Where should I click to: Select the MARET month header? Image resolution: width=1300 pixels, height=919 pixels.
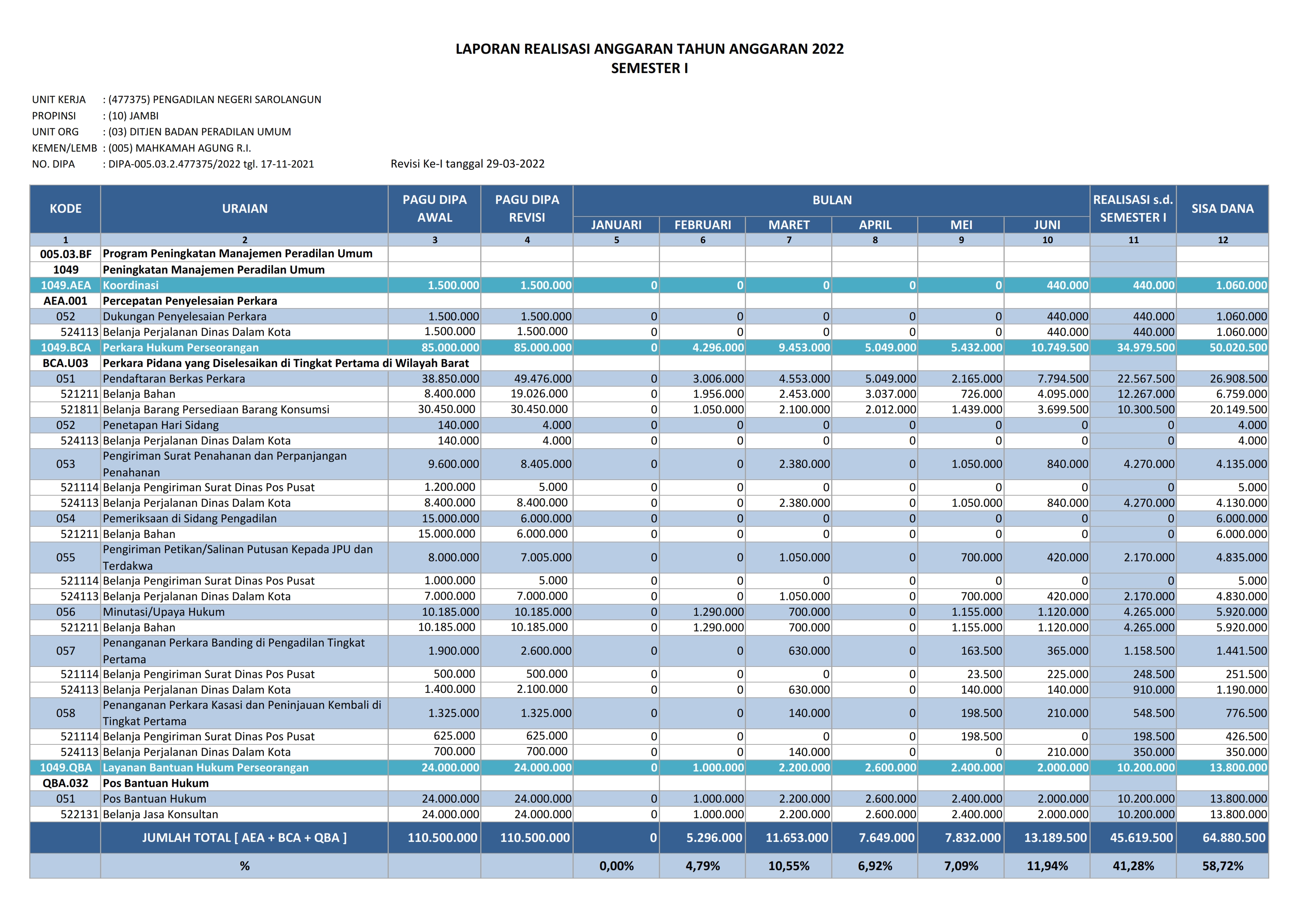(x=788, y=225)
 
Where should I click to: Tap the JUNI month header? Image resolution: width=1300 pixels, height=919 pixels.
(x=1047, y=225)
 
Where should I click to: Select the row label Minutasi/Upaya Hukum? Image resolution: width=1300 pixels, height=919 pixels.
(x=164, y=612)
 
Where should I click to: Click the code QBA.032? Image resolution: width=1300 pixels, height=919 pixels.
(x=66, y=783)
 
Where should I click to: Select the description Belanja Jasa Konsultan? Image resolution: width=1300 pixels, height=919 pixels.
(x=160, y=814)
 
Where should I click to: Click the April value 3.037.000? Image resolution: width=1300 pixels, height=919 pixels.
(x=890, y=394)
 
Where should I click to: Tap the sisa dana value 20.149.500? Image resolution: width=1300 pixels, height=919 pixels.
(x=1238, y=409)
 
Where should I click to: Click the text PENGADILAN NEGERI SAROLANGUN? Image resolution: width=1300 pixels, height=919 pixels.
(x=237, y=100)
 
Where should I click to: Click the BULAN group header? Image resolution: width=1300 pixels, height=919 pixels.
(x=832, y=200)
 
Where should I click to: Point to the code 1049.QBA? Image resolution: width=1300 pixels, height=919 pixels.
(x=66, y=767)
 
